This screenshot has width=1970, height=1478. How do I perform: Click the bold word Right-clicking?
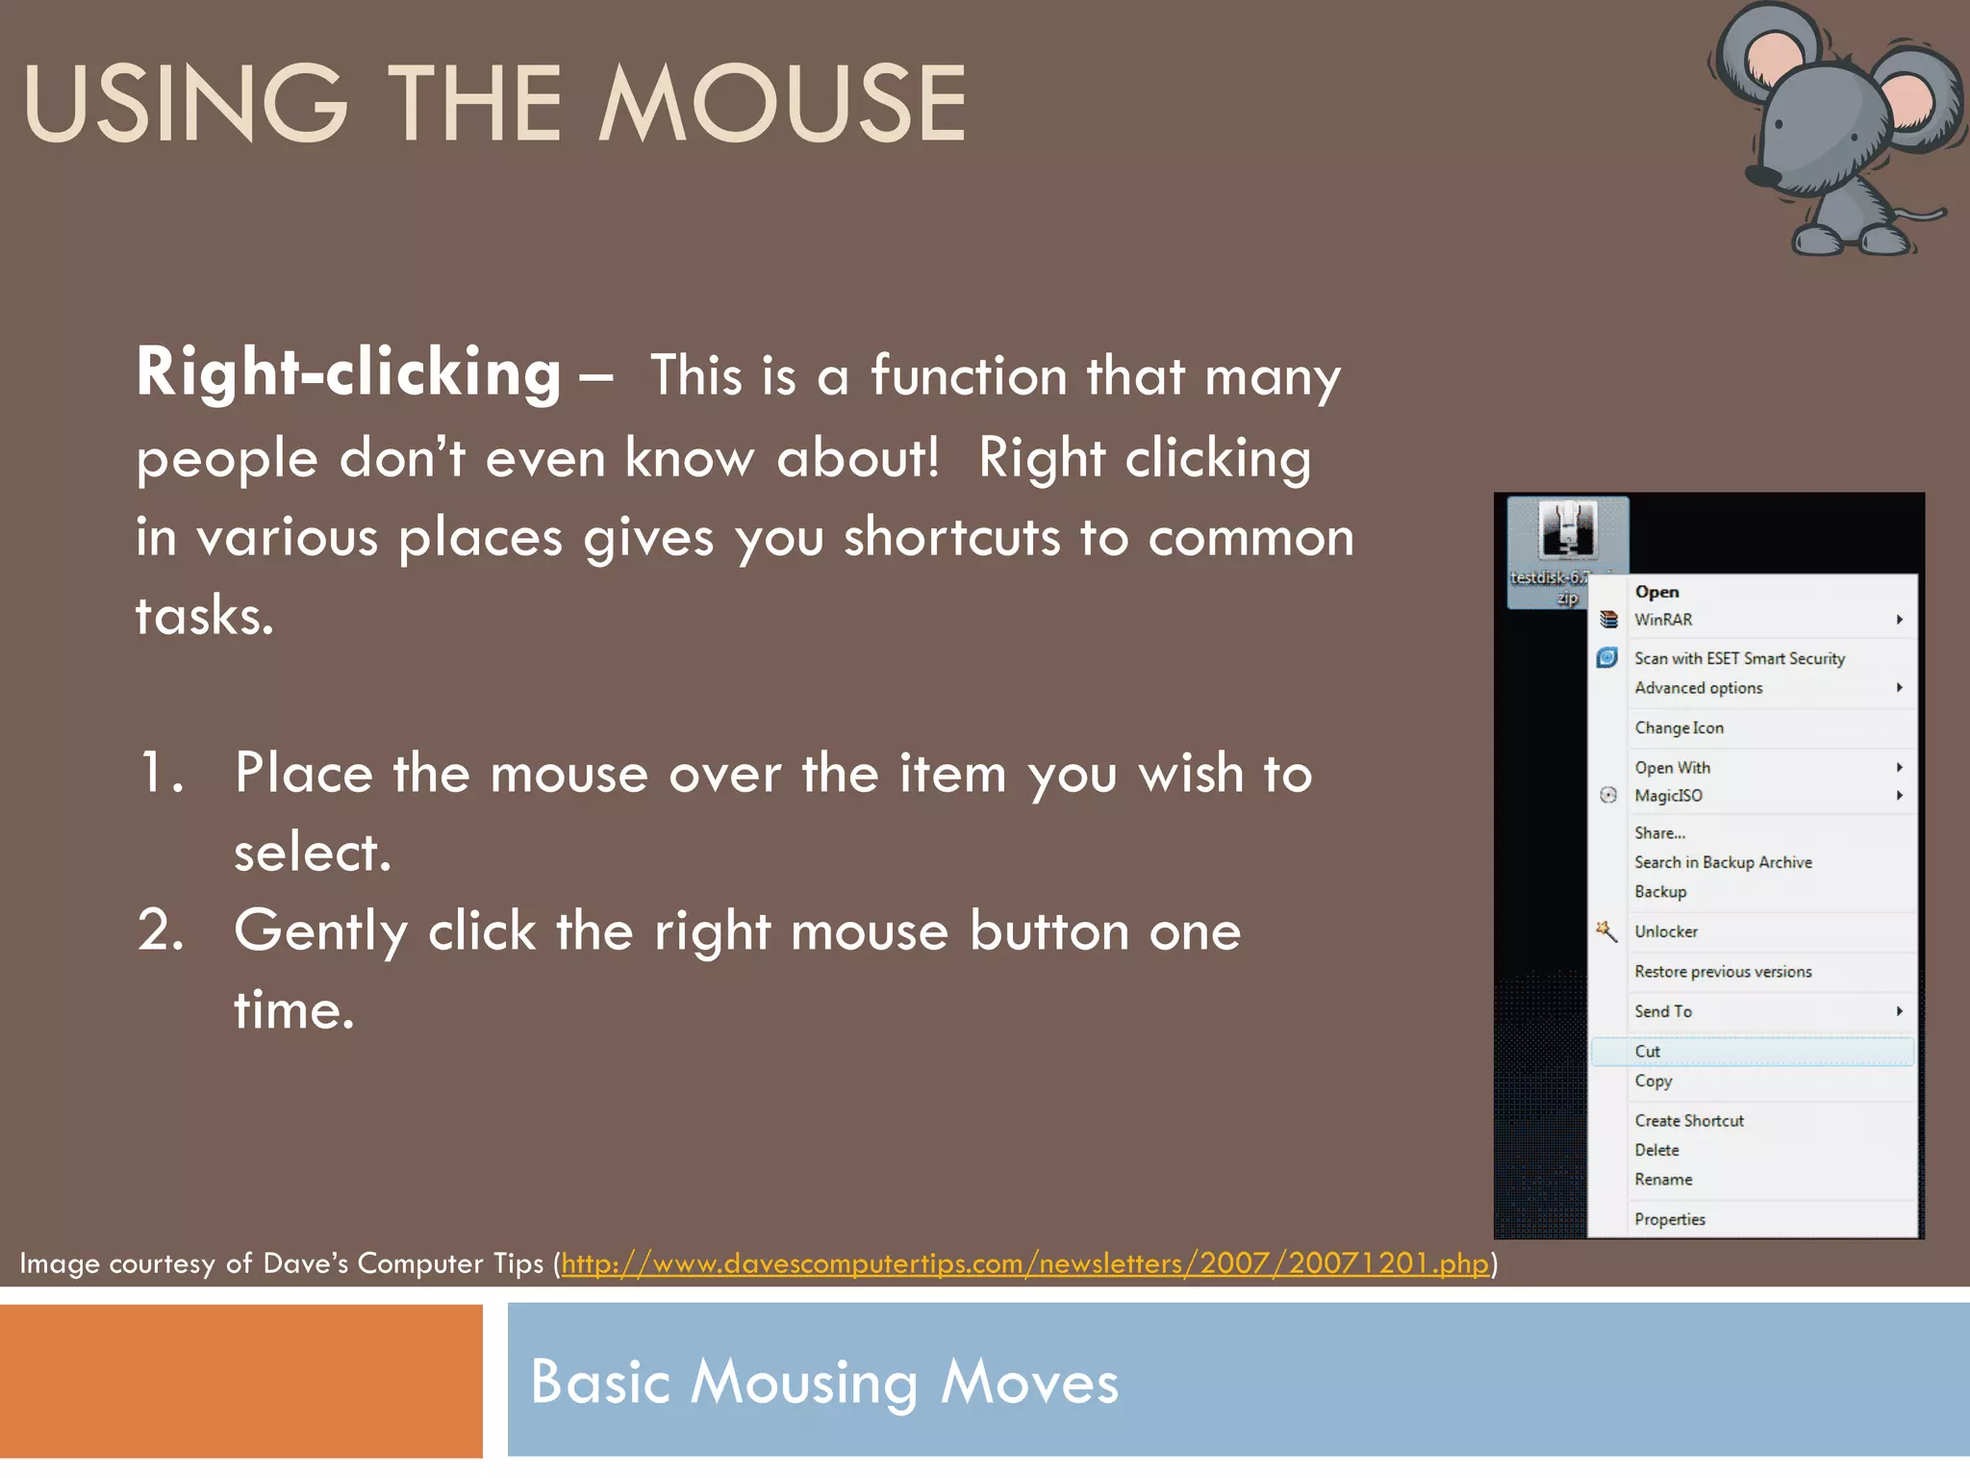tap(348, 373)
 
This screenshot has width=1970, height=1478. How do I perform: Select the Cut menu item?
tap(1648, 1052)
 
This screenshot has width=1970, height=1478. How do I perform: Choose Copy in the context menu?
tap(1654, 1081)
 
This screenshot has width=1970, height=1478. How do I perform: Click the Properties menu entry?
tap(1670, 1219)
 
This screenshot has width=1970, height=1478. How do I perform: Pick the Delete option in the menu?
tap(1656, 1150)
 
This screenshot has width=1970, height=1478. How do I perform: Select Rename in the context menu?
tap(1663, 1180)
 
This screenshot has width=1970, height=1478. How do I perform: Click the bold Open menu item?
tap(1656, 592)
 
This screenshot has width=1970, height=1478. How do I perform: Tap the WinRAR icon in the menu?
tap(1608, 620)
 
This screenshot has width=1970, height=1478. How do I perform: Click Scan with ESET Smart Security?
tap(1739, 658)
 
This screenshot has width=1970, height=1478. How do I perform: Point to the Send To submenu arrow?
tap(1899, 1010)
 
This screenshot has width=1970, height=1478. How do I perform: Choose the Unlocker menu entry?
tap(1666, 931)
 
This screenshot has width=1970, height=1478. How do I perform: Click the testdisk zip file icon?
tap(1568, 529)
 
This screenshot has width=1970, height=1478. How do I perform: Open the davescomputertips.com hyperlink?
tap(1024, 1263)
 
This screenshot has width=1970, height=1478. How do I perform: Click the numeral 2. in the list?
tap(161, 931)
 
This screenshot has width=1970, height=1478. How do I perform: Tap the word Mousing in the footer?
tap(804, 1383)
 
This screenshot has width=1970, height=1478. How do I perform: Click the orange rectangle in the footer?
tap(240, 1381)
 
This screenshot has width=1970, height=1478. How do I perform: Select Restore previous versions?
tap(1723, 972)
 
